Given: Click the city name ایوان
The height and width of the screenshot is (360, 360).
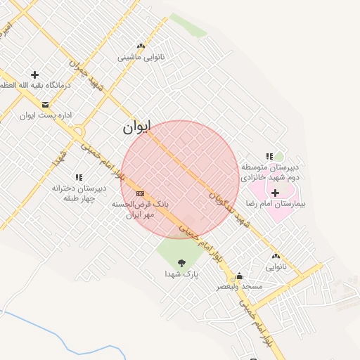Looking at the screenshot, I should click(137, 127).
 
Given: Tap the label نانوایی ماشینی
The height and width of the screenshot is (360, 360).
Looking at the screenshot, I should click(141, 58).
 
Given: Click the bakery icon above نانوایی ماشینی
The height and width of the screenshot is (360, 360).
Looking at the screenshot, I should click(141, 46).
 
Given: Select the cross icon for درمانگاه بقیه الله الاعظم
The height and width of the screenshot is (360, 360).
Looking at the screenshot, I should click(34, 75).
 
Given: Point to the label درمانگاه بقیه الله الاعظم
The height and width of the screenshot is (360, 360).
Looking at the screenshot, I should click(35, 85).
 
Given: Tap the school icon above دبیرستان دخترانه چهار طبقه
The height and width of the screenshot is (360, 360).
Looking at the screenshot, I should click(79, 178).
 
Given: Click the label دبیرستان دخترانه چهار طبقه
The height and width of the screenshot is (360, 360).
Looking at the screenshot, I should click(79, 193).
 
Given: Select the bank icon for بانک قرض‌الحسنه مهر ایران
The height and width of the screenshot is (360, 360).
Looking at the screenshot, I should click(140, 193).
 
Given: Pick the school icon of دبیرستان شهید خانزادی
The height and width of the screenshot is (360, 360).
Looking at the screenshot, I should click(269, 157).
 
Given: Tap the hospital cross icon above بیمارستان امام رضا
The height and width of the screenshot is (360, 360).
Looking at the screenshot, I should click(274, 193).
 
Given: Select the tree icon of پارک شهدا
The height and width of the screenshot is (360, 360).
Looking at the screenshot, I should click(181, 263).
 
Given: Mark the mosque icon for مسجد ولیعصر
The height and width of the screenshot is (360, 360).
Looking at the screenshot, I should click(239, 276).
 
